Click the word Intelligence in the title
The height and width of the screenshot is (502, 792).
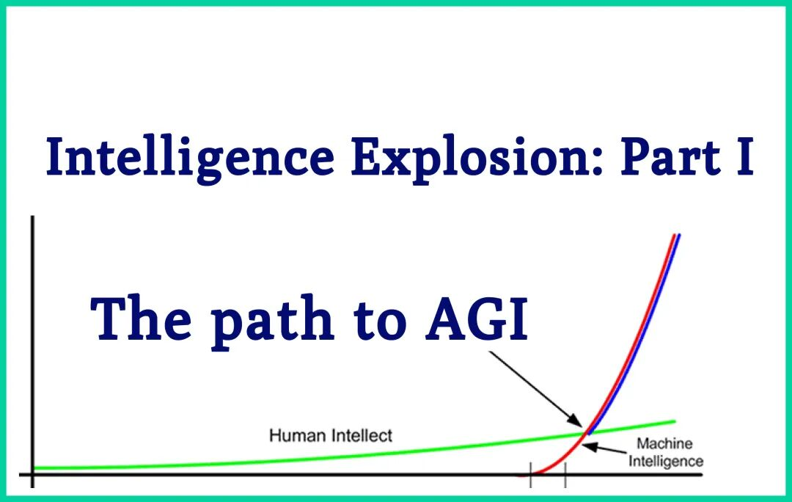pyautogui.click(x=190, y=158)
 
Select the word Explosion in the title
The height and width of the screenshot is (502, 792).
pyautogui.click(x=477, y=158)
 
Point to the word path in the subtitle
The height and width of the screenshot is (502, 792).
pyautogui.click(x=272, y=321)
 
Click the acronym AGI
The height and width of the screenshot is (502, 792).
pyautogui.click(x=477, y=319)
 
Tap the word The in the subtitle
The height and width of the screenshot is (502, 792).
pyautogui.click(x=141, y=318)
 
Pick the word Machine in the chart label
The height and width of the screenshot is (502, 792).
pyautogui.click(x=664, y=443)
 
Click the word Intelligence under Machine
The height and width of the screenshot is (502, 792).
pyautogui.click(x=666, y=462)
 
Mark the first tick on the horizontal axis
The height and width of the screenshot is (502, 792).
pyautogui.click(x=531, y=475)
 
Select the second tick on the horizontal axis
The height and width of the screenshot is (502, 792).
pyautogui.click(x=565, y=475)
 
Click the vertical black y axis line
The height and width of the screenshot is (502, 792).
pyautogui.click(x=33, y=352)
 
